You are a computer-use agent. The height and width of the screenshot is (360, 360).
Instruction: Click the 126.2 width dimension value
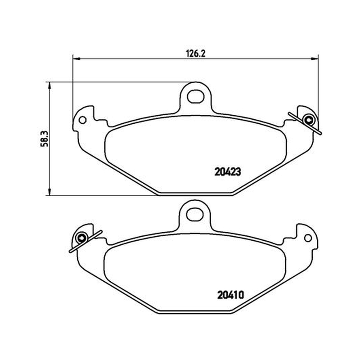pos(195,54)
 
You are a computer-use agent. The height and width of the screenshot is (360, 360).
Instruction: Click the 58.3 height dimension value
pos(45,139)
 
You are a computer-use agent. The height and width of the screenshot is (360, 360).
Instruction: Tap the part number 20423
pos(228,172)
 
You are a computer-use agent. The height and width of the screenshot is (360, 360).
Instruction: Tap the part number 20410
pos(230,295)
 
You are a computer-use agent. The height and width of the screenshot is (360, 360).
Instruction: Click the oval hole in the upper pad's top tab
pos(196,96)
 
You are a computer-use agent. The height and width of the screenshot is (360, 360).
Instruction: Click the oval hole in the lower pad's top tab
pos(195,215)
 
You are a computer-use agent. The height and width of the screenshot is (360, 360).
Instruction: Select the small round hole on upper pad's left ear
pos(82,120)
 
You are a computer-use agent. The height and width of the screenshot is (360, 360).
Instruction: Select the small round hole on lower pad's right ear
pos(308,238)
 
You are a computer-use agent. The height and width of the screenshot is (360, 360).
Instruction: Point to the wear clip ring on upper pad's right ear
pos(309,120)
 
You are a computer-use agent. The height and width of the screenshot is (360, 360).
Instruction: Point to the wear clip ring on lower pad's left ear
pos(81,238)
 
